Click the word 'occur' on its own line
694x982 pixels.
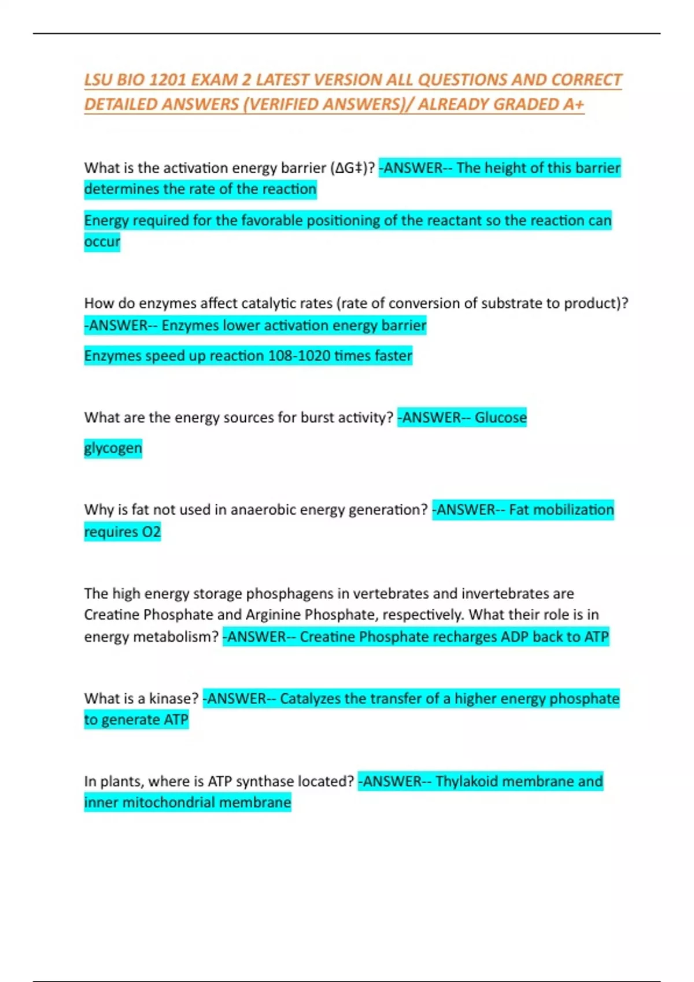[102, 241]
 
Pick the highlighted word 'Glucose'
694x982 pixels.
[500, 418]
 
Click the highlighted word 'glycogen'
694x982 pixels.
[113, 448]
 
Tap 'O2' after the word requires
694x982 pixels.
[152, 531]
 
